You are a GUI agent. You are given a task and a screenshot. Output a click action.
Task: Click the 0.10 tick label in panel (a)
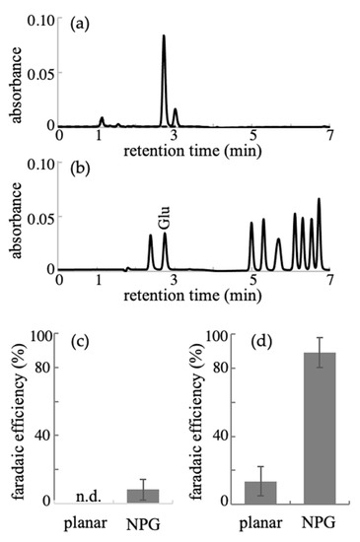point(39,20)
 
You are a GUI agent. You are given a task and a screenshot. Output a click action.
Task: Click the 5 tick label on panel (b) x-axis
point(253,280)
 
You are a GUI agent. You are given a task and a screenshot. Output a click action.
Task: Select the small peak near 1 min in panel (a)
point(102,119)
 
